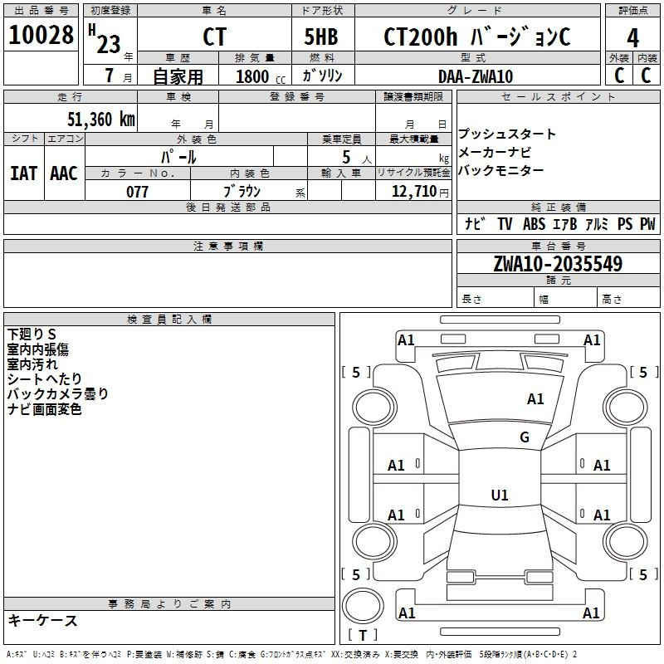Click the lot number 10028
pyautogui.click(x=41, y=35)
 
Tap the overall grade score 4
pyautogui.click(x=632, y=37)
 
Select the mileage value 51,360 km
pyautogui.click(x=101, y=119)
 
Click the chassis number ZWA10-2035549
pyautogui.click(x=558, y=263)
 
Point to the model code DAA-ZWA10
pyautogui.click(x=476, y=76)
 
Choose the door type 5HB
pyautogui.click(x=321, y=37)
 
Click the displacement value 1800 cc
pyautogui.click(x=261, y=77)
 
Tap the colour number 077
pyautogui.click(x=137, y=192)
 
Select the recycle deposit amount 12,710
pyautogui.click(x=414, y=192)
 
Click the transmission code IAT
pyautogui.click(x=24, y=173)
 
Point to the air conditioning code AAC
pyautogui.click(x=64, y=173)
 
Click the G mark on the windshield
pyautogui.click(x=525, y=437)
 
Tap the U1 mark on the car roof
pyautogui.click(x=500, y=495)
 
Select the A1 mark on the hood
pyautogui.click(x=535, y=398)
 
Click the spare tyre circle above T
pyautogui.click(x=363, y=606)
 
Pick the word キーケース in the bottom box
pyautogui.click(x=43, y=620)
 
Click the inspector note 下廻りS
pyautogui.click(x=32, y=334)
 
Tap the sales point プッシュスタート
pyautogui.click(x=507, y=134)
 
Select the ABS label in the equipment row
pyautogui.click(x=534, y=223)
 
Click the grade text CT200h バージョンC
pyautogui.click(x=476, y=37)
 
